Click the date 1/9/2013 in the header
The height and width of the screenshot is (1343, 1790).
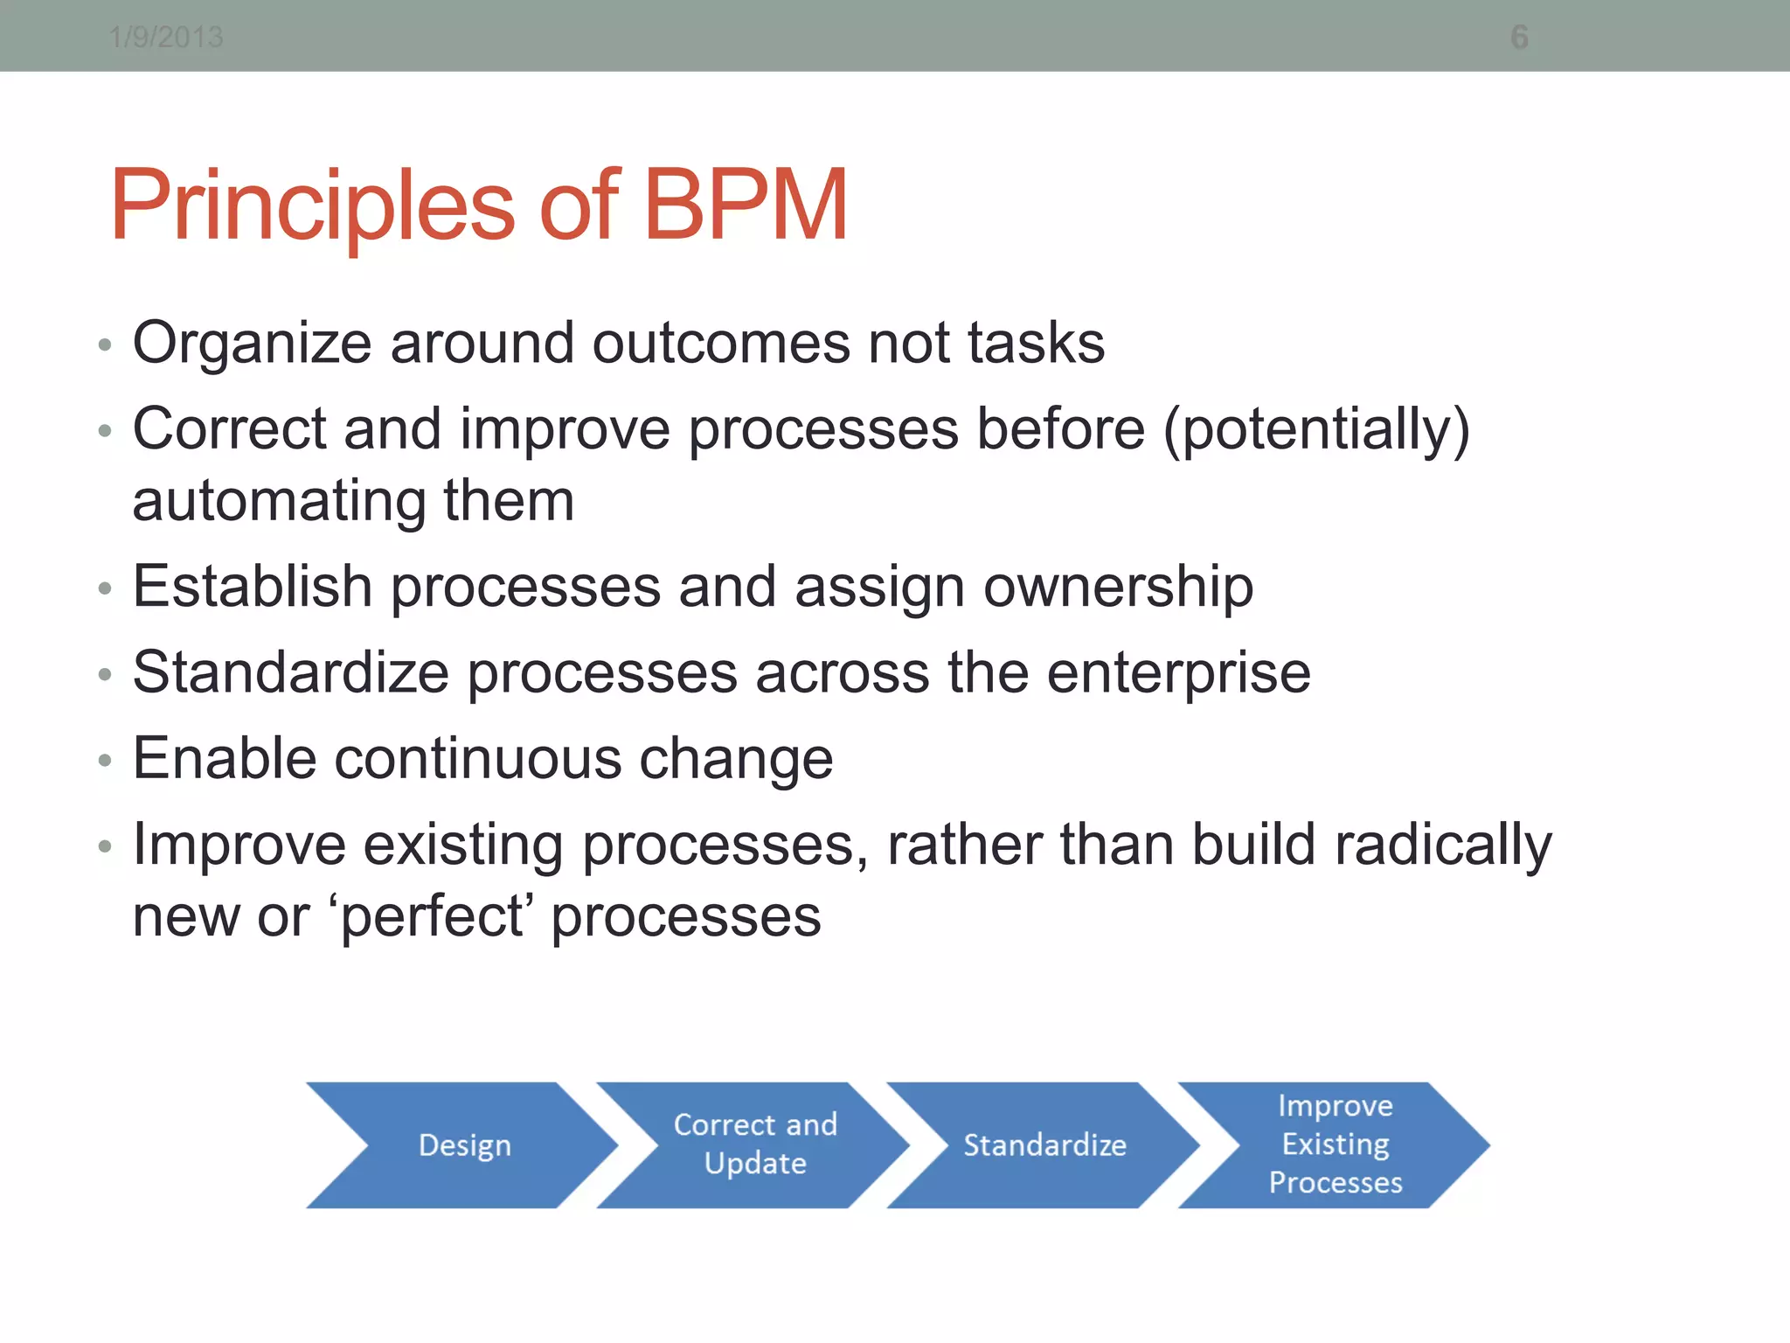166,38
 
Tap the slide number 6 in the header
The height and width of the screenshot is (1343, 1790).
1519,38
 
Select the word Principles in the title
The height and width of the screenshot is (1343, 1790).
312,206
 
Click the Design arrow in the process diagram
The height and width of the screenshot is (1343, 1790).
463,1145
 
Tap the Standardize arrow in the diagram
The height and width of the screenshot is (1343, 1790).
1044,1145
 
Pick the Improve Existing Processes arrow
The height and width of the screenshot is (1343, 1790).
1335,1144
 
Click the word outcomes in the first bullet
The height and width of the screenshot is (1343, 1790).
721,343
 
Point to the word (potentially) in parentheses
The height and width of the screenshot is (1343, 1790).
1316,430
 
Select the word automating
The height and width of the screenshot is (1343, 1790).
278,501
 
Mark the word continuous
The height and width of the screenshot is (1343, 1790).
478,759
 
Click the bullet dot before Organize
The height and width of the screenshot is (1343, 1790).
105,345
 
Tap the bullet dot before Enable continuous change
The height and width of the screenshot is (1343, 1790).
105,761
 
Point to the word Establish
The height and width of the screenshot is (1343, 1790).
253,586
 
